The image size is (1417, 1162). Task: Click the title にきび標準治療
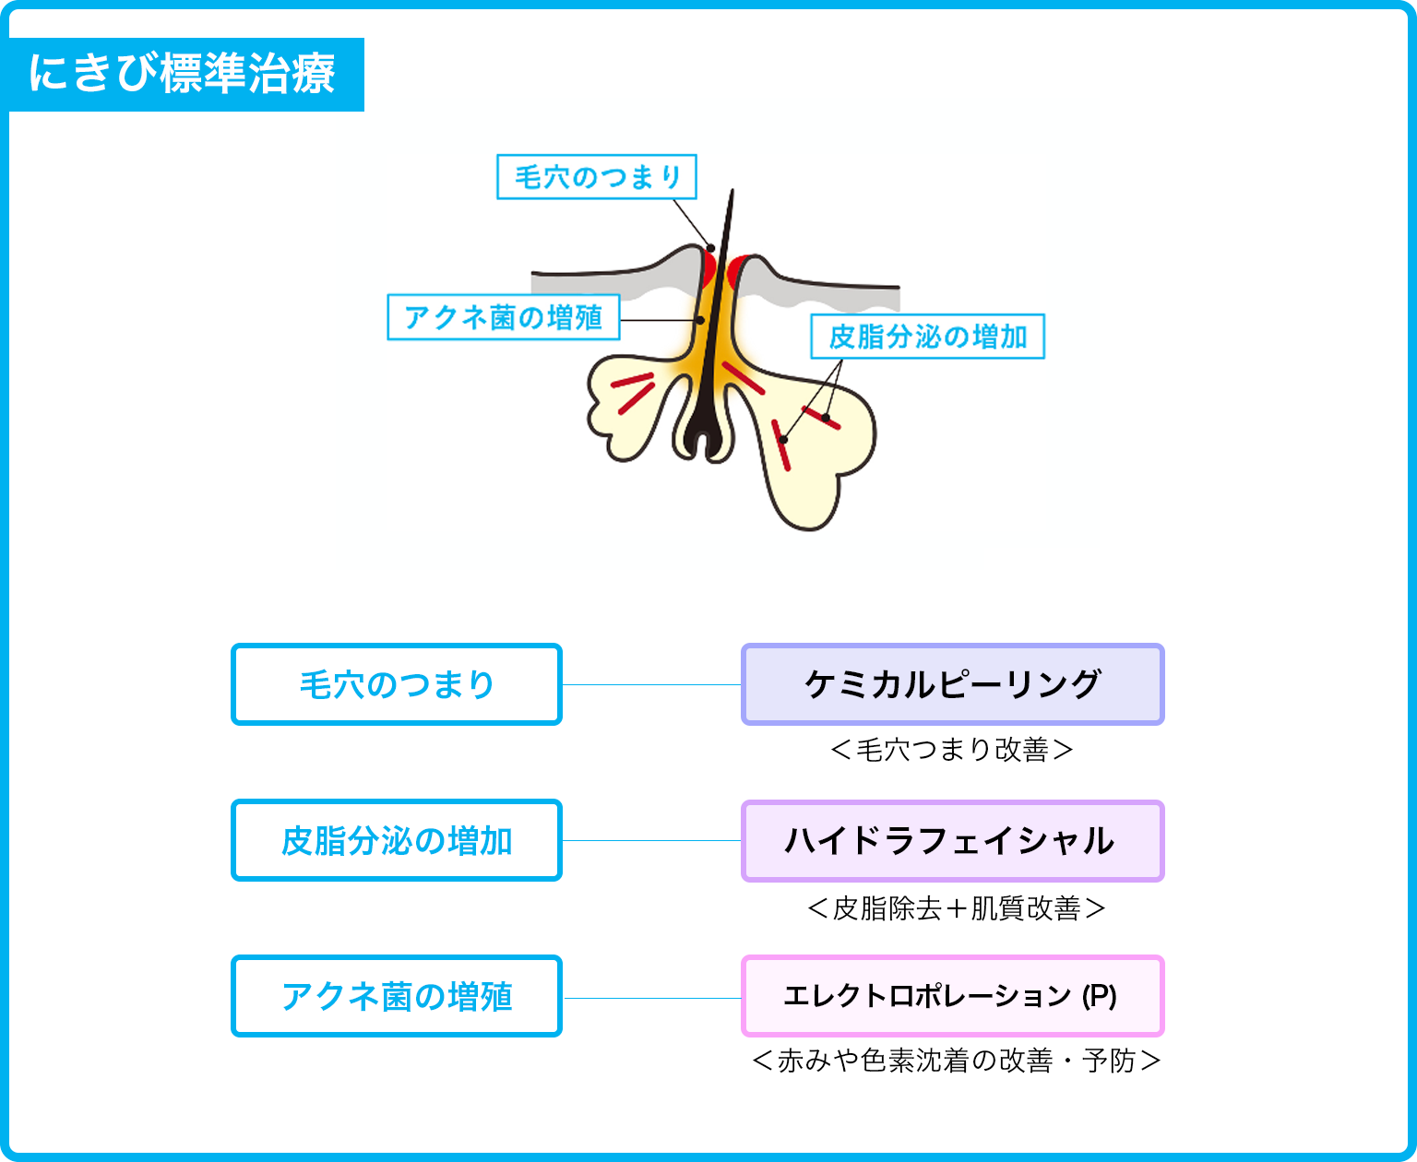[x=182, y=74]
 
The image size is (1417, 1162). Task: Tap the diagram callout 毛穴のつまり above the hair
[x=597, y=177]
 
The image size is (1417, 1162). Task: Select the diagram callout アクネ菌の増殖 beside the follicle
[x=504, y=317]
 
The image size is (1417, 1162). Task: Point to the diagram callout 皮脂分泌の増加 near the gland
[x=928, y=337]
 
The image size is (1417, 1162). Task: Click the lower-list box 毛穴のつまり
[x=397, y=684]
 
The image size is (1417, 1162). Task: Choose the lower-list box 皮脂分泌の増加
[x=397, y=840]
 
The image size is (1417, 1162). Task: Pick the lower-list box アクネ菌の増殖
[x=397, y=996]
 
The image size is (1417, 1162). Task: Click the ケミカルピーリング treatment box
[x=953, y=684]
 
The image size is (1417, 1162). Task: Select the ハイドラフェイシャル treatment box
[x=953, y=841]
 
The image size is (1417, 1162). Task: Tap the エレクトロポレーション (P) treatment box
[x=953, y=996]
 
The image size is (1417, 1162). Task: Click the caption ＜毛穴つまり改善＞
[x=952, y=750]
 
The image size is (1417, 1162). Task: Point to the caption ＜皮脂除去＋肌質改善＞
[x=957, y=908]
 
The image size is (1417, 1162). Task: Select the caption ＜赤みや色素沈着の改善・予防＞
[x=957, y=1061]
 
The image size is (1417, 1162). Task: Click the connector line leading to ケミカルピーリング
[x=651, y=684]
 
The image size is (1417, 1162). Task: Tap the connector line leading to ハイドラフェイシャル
[x=651, y=840]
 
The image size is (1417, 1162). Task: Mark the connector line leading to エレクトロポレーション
[x=651, y=998]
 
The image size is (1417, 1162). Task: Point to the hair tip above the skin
[x=732, y=191]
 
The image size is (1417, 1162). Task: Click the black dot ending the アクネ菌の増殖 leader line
[x=700, y=320]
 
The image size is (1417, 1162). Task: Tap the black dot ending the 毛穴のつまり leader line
[x=711, y=248]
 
